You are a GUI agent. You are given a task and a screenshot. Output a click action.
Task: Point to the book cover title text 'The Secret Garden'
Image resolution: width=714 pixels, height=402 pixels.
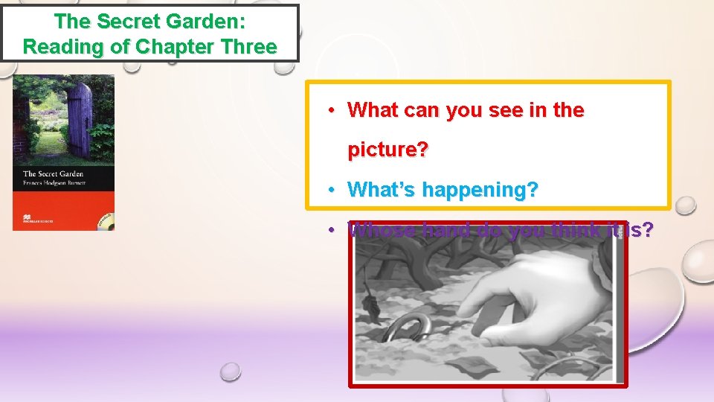click(x=52, y=174)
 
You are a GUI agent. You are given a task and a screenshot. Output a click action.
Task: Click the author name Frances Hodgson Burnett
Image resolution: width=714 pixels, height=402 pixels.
click(x=54, y=182)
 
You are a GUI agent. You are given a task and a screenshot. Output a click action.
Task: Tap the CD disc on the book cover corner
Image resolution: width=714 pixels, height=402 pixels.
click(x=106, y=222)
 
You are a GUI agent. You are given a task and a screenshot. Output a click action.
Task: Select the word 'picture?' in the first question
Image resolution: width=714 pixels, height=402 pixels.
click(x=387, y=150)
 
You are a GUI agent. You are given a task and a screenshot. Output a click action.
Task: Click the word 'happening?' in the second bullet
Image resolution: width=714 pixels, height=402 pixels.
click(x=480, y=190)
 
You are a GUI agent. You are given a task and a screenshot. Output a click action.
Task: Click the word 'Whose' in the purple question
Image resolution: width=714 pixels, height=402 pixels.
click(x=380, y=230)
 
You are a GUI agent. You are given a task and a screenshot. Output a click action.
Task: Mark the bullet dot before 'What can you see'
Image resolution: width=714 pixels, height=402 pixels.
click(x=332, y=110)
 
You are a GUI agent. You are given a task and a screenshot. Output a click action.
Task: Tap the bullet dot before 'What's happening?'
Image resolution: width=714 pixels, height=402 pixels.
click(x=332, y=190)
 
